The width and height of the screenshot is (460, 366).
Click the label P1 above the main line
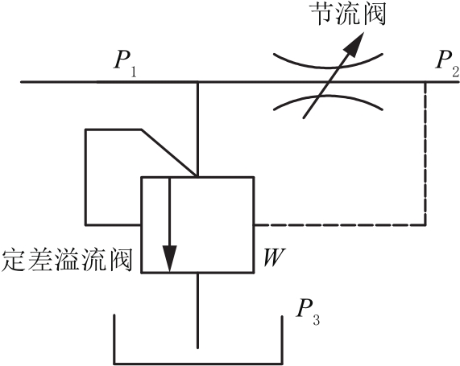tap(125, 64)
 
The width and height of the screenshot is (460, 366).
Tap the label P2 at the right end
tap(447, 64)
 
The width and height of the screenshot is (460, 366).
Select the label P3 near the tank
tap(308, 312)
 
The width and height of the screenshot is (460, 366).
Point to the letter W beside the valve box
tap(274, 257)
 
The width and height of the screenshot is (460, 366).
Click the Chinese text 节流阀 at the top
tap(348, 14)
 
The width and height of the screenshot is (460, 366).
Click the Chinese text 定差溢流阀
tap(66, 260)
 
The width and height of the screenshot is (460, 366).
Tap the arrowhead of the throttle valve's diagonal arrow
tap(354, 43)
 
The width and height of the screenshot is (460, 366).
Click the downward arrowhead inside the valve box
tap(169, 258)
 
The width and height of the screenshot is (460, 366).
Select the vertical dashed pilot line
tap(425, 154)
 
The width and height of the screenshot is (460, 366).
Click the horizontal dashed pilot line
tap(340, 225)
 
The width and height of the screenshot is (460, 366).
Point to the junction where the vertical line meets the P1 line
tap(197, 82)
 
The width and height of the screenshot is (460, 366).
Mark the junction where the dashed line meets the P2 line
tap(425, 82)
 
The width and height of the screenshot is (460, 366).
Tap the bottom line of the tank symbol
tap(198, 364)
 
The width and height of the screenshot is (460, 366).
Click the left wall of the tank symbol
tap(114, 339)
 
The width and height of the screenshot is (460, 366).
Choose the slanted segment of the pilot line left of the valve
tap(169, 153)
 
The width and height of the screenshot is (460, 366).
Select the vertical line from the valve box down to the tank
tap(197, 310)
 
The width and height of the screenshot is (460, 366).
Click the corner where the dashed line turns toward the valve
tap(425, 225)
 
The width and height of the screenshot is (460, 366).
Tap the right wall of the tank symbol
tap(282, 340)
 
